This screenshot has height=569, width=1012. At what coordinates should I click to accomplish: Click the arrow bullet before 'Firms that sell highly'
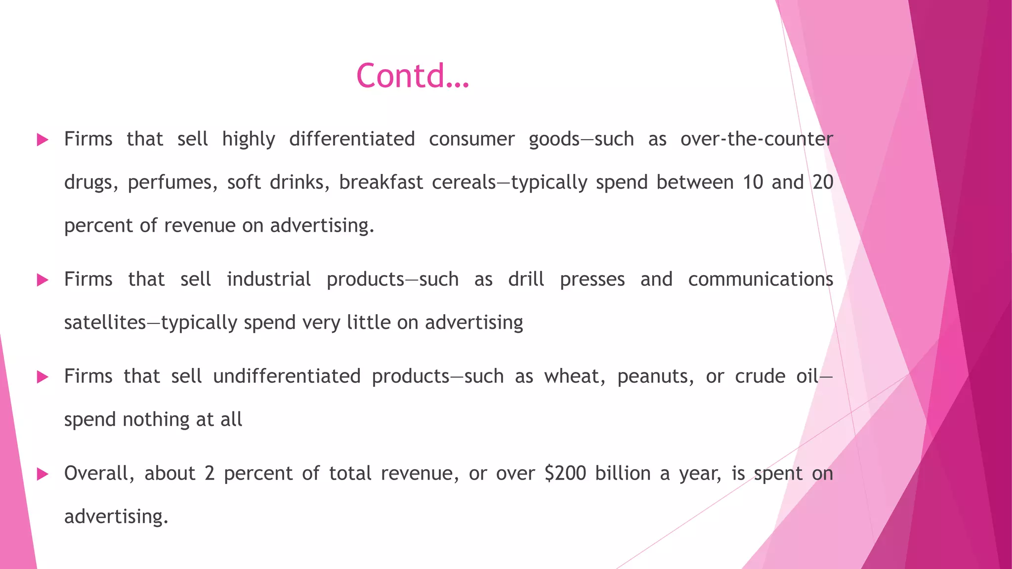click(43, 140)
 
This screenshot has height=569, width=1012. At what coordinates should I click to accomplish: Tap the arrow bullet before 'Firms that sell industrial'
click(43, 280)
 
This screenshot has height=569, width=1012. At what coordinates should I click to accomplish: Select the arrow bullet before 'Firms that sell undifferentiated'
click(43, 377)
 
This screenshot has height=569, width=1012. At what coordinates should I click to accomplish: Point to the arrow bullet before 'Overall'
click(43, 475)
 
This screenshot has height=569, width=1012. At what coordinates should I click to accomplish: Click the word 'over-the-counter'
click(757, 139)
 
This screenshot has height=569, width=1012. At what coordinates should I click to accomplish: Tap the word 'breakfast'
click(381, 182)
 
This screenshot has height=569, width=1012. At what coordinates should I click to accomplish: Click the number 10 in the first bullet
click(753, 182)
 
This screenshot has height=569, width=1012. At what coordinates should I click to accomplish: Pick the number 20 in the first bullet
click(823, 182)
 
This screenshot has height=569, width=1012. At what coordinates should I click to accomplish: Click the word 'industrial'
click(269, 280)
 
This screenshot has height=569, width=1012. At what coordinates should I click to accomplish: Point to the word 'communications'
click(760, 280)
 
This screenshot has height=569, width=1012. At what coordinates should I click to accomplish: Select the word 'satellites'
click(105, 323)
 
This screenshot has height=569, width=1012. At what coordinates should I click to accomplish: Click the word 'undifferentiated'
click(287, 376)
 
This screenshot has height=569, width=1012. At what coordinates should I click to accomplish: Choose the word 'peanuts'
click(655, 377)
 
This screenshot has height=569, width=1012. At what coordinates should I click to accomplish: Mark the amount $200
click(565, 474)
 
